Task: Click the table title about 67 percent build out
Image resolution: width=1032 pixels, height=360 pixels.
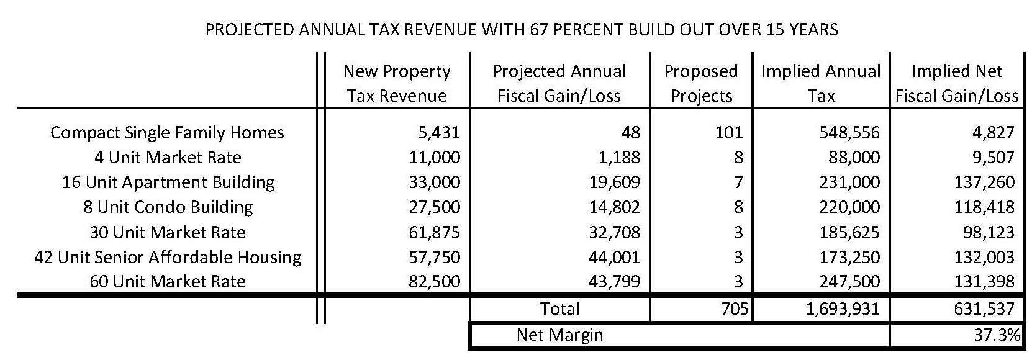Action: [x=522, y=30]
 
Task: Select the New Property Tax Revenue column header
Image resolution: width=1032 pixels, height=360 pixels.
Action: [x=397, y=83]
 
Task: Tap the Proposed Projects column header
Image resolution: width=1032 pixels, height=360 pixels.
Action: [x=701, y=83]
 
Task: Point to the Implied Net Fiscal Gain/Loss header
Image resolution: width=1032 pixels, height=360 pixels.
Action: [x=957, y=83]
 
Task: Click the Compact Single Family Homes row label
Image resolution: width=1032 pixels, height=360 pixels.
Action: [x=167, y=133]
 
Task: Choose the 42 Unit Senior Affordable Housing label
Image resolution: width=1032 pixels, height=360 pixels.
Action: [x=168, y=257]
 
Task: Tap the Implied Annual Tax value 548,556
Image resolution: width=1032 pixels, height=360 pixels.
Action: [x=849, y=133]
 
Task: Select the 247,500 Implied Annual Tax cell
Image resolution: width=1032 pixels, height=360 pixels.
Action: [x=849, y=282]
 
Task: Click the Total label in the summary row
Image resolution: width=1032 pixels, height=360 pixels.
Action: [x=560, y=308]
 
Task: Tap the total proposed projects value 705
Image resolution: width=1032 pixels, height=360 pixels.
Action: [x=736, y=308]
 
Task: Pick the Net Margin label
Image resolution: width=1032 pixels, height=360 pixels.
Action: [x=559, y=335]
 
